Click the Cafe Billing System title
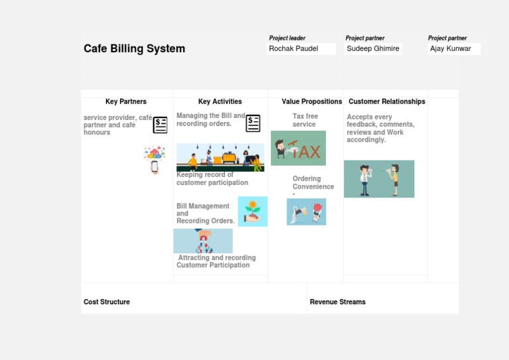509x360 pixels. coord(134,48)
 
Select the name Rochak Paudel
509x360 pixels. coord(294,48)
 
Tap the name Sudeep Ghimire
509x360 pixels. coord(373,48)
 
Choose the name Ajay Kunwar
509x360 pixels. coord(451,48)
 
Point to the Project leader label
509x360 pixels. coord(287,38)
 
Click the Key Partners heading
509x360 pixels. coord(126,101)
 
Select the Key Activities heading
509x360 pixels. coord(220,101)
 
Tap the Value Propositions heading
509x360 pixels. coord(311,101)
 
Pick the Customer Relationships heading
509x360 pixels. coord(387,101)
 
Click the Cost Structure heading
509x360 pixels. coord(107,302)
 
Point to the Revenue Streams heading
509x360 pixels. coord(337,302)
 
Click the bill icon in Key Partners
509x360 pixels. coord(160,125)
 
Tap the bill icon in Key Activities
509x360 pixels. coord(253,123)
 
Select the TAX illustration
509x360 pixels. coord(298,148)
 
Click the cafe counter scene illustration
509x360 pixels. coord(220,157)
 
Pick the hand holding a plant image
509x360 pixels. coord(253,211)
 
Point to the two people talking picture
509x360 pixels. coord(379,179)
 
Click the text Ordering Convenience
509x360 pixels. coord(313,182)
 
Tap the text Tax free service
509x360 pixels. coord(305,120)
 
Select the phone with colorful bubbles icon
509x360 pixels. coord(154,160)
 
